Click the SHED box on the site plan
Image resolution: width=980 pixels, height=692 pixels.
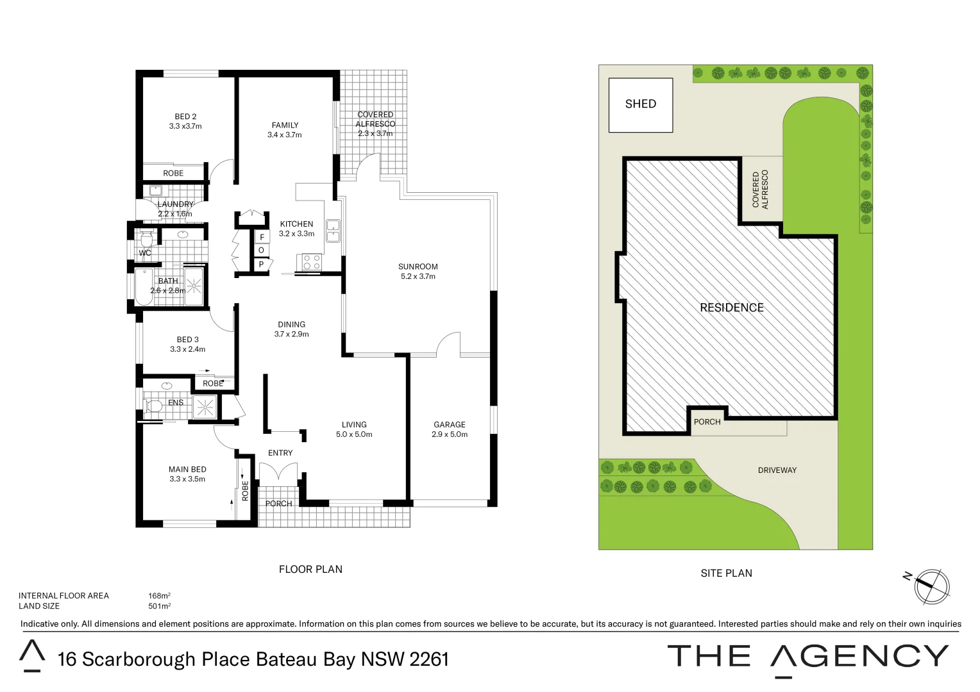(640, 105)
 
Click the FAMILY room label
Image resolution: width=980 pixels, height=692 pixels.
(285, 126)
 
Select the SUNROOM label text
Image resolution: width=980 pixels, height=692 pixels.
(418, 267)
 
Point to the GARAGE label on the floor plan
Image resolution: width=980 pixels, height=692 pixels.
(449, 425)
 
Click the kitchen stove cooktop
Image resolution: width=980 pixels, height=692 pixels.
(312, 261)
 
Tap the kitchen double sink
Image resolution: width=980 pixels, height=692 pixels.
(333, 231)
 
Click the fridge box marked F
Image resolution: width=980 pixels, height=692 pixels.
(261, 237)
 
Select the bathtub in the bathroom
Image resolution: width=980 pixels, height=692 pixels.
(144, 287)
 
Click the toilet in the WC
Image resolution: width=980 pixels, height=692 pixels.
(146, 240)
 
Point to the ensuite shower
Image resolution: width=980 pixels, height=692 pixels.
(205, 407)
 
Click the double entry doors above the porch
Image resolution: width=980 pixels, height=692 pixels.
(278, 473)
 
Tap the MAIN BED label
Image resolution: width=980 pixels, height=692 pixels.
(187, 470)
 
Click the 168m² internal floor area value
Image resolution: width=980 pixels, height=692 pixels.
(159, 596)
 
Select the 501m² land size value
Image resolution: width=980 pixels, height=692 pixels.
(159, 606)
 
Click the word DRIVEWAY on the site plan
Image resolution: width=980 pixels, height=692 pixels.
(777, 470)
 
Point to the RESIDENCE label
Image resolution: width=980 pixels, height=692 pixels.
(732, 308)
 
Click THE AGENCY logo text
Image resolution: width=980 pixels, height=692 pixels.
(807, 657)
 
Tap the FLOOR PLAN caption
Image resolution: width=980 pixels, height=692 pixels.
(310, 569)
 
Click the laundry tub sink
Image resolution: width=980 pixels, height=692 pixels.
(155, 190)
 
